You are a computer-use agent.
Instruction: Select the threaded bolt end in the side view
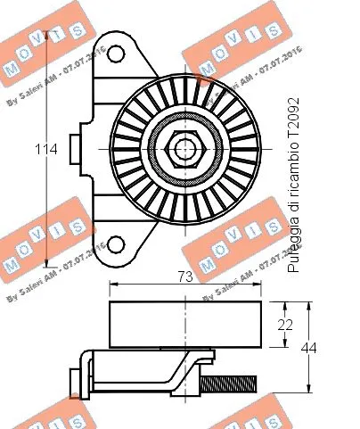tap(230, 384)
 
